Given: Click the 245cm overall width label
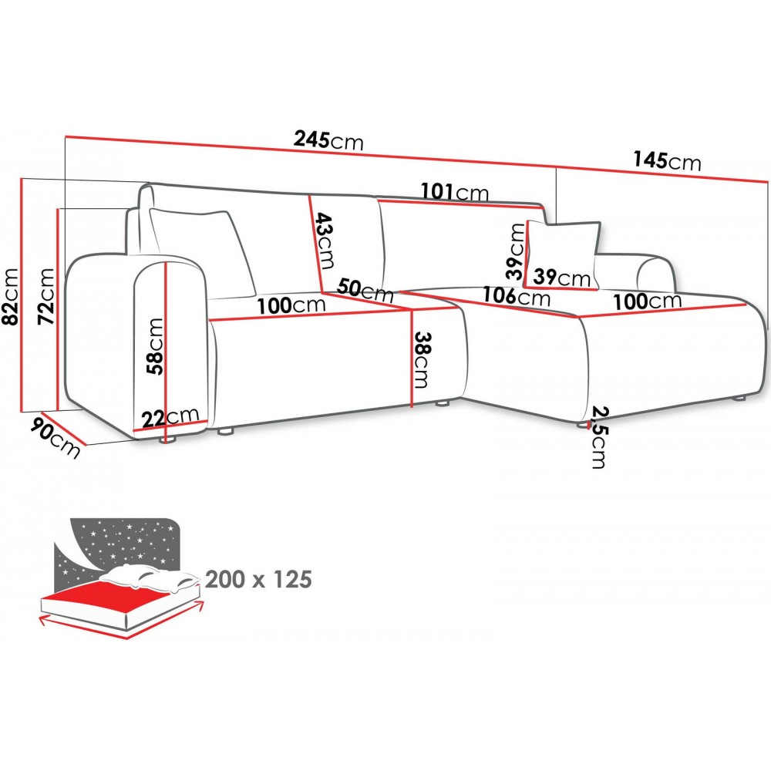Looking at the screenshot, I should pyautogui.click(x=328, y=140).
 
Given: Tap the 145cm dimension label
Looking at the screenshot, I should pyautogui.click(x=667, y=160).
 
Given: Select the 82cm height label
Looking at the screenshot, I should pyautogui.click(x=10, y=297).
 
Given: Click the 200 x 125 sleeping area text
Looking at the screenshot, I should pyautogui.click(x=258, y=578).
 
